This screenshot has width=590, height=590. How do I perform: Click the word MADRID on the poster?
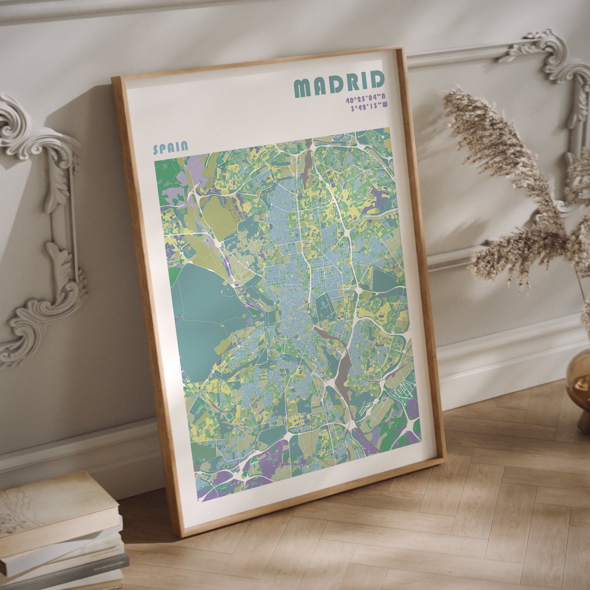339,84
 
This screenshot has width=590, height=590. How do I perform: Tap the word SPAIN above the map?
170,147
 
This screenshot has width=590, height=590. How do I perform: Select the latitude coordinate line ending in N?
365,99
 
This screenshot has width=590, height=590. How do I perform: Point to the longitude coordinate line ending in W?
369,107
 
